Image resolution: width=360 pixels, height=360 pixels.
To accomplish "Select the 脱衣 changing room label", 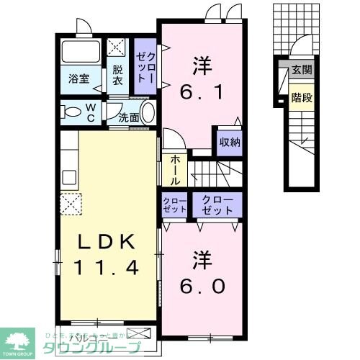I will (x=117, y=76).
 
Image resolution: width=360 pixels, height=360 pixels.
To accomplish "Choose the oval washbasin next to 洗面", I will (x=148, y=114).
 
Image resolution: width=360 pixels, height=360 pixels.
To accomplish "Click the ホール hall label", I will (x=175, y=171).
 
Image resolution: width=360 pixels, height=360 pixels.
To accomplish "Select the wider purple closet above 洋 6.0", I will (x=217, y=205).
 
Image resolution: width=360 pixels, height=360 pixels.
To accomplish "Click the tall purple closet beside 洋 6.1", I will (x=144, y=69).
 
